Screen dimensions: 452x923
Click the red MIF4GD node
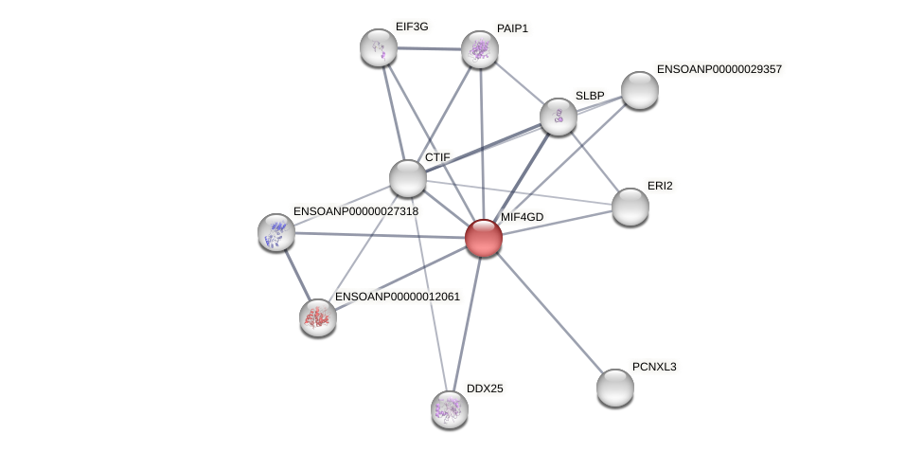point(483,238)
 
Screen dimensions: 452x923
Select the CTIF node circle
point(408,178)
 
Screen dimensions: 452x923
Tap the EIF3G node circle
point(379,47)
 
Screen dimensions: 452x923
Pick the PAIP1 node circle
point(480,49)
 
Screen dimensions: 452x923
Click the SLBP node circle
point(559,117)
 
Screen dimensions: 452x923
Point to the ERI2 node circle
point(630,207)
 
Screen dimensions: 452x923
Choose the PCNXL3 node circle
point(615,387)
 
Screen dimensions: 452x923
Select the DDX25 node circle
point(450,409)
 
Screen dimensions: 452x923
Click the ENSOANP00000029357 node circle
point(640,90)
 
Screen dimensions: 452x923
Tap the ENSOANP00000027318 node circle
point(276,232)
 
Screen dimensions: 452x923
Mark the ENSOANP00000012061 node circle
point(318,317)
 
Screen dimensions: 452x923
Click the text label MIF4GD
point(522,217)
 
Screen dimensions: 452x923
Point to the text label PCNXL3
point(654,367)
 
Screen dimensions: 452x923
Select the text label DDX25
point(485,389)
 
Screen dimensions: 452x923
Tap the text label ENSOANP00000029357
point(719,69)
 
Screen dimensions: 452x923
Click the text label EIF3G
point(412,27)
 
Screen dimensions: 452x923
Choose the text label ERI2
point(660,186)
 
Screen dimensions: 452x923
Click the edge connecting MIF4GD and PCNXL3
point(549,313)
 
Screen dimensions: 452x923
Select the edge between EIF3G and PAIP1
point(429,48)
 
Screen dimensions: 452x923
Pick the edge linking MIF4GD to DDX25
point(467,323)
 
